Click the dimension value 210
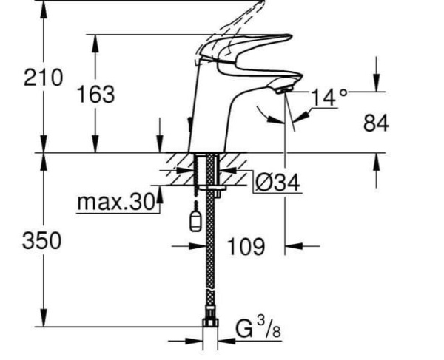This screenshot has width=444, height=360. tap(43, 78)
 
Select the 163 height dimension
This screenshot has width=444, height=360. tap(95, 94)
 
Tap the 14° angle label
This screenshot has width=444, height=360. tap(328, 97)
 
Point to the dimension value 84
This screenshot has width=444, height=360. tap(376, 123)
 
